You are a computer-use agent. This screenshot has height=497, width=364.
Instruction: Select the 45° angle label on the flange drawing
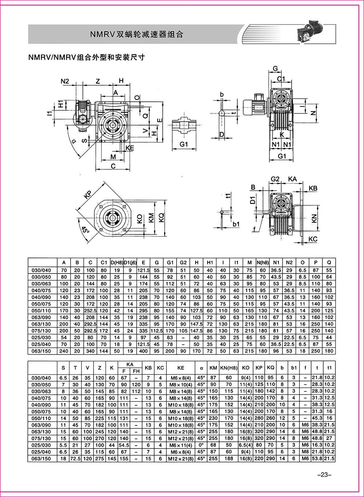(85, 230)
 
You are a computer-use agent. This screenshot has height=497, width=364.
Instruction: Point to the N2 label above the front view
(64, 81)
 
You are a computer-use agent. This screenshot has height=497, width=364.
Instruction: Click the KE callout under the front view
(130, 147)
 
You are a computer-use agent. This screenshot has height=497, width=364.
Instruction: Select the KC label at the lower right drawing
(313, 239)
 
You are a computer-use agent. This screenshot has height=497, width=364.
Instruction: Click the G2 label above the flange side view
(275, 179)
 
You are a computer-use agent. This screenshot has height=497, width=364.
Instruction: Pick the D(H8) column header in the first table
(117, 262)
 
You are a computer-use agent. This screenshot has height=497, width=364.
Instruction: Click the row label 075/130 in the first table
(42, 331)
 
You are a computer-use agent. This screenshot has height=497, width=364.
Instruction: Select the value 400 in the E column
(143, 351)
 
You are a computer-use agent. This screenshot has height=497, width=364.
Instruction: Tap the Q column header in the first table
(329, 262)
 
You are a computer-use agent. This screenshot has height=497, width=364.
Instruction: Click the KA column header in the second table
(130, 364)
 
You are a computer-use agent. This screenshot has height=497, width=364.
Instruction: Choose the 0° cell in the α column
(201, 445)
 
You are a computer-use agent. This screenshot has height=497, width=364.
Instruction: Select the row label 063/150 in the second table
(42, 458)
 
